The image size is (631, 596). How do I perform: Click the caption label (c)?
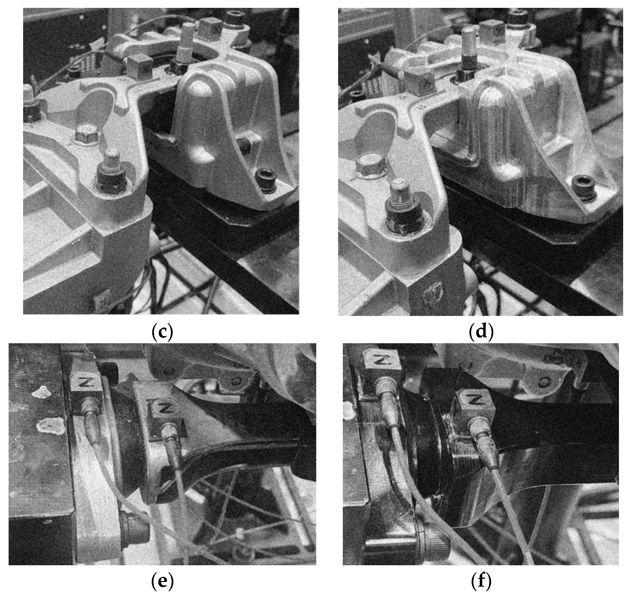pos(162,331)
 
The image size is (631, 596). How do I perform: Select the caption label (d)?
pos(481,331)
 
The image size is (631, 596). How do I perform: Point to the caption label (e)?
pos(162,581)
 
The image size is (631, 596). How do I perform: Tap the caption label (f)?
pos(481,581)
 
